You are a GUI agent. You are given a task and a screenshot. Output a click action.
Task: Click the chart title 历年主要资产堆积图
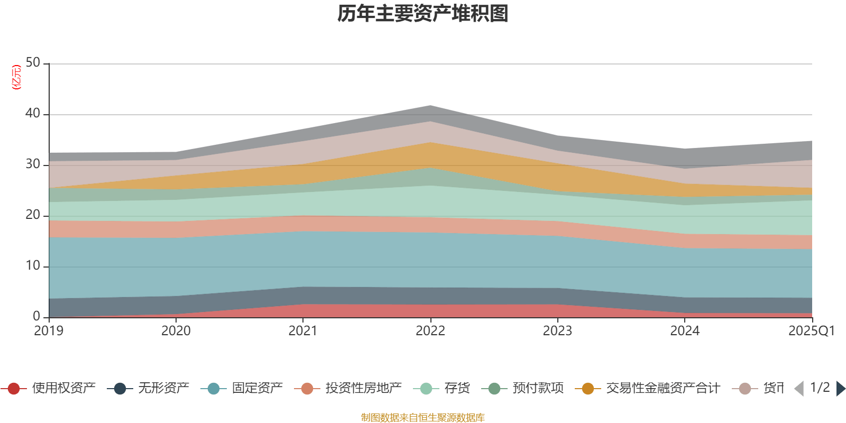(x=423, y=14)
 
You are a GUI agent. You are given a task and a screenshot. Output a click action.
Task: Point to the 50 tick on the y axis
(x=33, y=63)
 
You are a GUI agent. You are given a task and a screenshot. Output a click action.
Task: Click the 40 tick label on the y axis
(x=33, y=114)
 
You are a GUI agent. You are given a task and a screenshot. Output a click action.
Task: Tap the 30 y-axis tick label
(x=33, y=164)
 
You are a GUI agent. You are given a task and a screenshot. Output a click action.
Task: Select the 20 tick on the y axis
(x=33, y=215)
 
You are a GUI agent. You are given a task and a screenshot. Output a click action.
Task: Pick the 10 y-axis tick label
(x=33, y=266)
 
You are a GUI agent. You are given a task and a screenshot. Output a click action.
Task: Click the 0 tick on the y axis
(x=36, y=317)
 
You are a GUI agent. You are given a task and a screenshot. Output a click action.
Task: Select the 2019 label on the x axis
(x=49, y=331)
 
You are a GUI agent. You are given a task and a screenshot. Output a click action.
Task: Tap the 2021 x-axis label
(x=303, y=331)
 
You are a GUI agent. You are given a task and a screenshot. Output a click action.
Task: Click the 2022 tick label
(x=430, y=331)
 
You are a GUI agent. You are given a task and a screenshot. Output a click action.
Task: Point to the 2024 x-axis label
(x=685, y=331)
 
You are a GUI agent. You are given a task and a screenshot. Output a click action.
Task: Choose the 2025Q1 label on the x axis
(x=811, y=331)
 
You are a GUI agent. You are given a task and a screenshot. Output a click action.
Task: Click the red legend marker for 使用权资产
(x=14, y=389)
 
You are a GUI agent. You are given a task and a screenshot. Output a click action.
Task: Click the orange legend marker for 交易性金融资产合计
(x=588, y=389)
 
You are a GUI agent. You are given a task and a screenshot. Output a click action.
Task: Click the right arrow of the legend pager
(x=840, y=389)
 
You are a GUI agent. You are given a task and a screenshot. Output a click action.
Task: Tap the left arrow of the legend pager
(x=799, y=389)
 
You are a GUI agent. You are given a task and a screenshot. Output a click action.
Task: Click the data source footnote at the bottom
(x=423, y=418)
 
